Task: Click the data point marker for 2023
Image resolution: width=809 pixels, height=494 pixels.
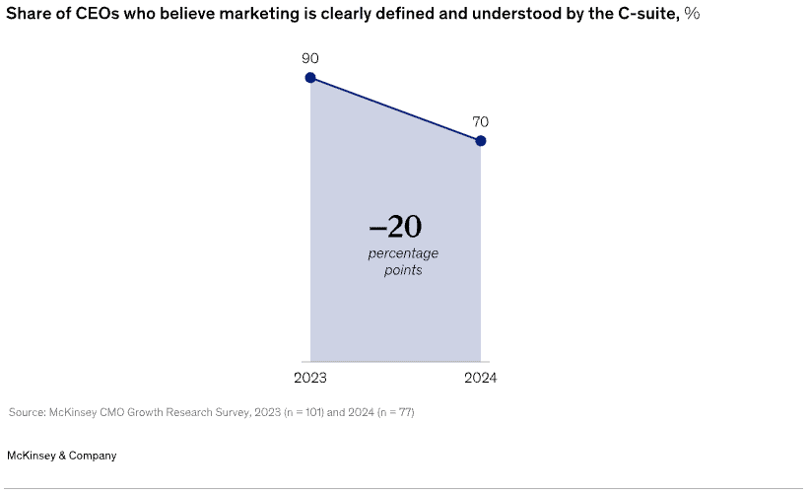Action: pyautogui.click(x=310, y=78)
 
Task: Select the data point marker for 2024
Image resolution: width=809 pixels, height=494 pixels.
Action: pyautogui.click(x=481, y=141)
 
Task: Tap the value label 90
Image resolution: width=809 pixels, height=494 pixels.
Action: pyautogui.click(x=310, y=58)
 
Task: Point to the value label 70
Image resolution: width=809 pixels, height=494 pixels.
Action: pyautogui.click(x=481, y=121)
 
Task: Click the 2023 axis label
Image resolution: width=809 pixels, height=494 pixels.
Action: pyautogui.click(x=310, y=379)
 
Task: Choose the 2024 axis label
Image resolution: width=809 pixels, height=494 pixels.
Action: pyautogui.click(x=481, y=379)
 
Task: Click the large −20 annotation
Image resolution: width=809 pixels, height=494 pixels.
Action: pyautogui.click(x=395, y=228)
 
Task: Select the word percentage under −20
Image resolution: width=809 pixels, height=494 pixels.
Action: pyautogui.click(x=403, y=253)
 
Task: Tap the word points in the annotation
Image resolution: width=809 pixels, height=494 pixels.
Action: pyautogui.click(x=403, y=269)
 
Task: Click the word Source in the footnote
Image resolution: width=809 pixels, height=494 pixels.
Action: pyautogui.click(x=24, y=412)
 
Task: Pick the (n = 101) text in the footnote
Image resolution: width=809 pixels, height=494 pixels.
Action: pyautogui.click(x=289, y=412)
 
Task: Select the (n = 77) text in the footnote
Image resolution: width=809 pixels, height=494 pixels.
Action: pyautogui.click(x=391, y=412)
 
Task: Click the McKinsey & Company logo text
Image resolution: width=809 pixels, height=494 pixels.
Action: pyautogui.click(x=61, y=456)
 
